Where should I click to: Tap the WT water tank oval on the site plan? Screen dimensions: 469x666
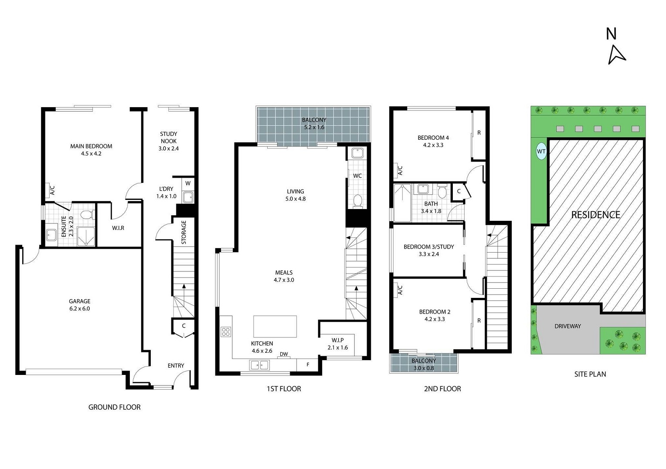(541, 152)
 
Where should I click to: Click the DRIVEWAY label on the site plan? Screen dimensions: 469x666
(567, 326)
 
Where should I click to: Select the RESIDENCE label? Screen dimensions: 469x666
(595, 215)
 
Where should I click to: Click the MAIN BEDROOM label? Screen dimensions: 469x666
(91, 146)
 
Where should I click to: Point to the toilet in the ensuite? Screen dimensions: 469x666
(87, 215)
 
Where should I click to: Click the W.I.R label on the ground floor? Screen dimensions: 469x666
(118, 228)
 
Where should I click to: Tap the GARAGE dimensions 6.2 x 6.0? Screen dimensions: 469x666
(79, 309)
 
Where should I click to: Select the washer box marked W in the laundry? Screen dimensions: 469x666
(188, 183)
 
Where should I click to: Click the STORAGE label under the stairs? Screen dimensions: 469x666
(183, 232)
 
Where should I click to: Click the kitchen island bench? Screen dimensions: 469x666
(275, 327)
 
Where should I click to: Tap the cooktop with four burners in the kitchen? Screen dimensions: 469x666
(225, 332)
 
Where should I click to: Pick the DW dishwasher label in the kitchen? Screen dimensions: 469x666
(284, 354)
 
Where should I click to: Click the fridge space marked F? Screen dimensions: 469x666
(308, 364)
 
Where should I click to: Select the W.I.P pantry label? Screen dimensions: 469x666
(337, 340)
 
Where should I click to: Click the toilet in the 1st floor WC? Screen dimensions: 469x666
(357, 201)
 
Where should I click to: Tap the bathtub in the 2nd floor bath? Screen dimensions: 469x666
(402, 202)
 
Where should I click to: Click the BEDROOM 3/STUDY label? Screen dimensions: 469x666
(428, 247)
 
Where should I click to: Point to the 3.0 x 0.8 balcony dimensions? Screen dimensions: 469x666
(423, 368)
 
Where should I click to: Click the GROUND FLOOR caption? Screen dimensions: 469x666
(114, 407)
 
